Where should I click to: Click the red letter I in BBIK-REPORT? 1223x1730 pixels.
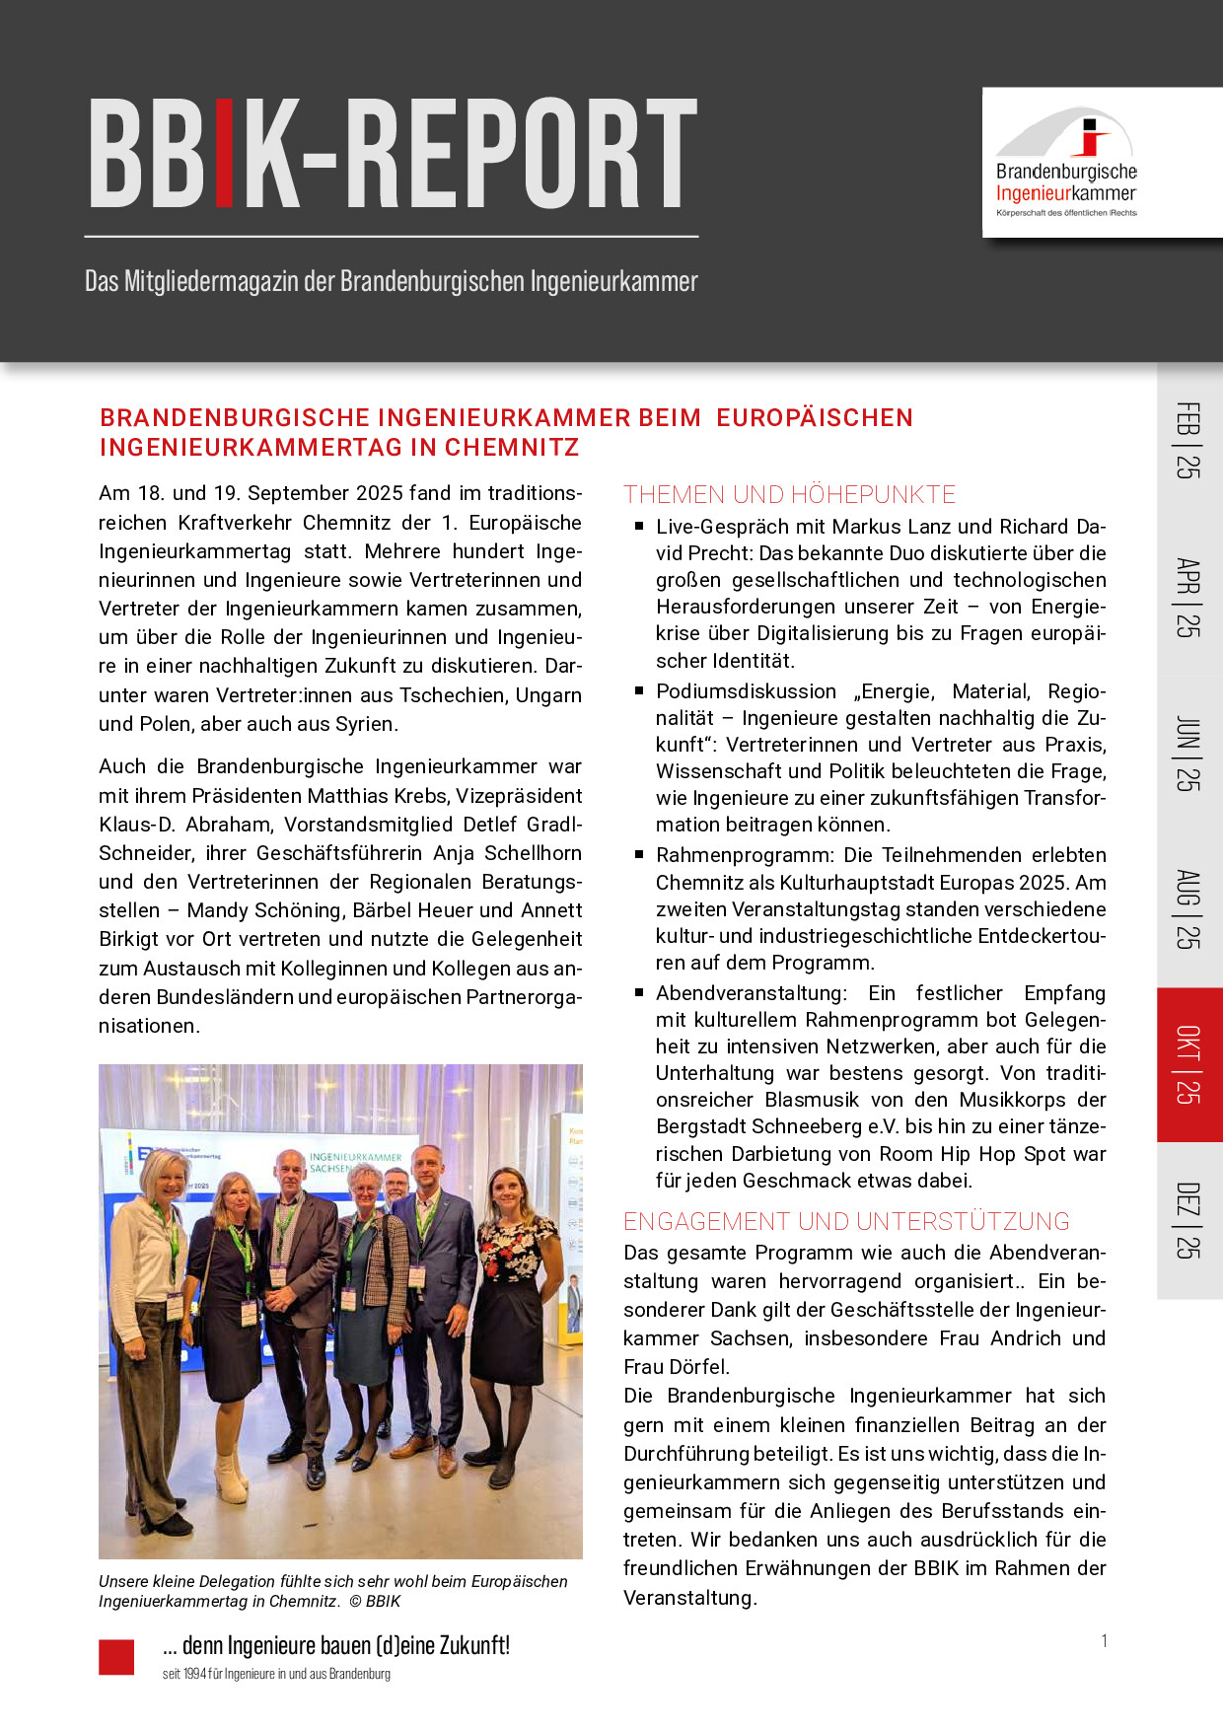224,154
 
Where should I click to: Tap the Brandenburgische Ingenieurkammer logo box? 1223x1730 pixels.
1101,163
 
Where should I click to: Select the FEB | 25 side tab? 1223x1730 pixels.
1188,440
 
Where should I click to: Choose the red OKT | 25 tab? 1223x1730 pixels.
1188,1064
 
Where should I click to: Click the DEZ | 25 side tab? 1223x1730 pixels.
1188,1220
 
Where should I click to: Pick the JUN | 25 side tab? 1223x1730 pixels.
1188,753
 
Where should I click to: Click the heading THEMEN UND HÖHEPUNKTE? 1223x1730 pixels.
789,494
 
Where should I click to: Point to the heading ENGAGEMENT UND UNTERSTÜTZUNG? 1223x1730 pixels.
845,1221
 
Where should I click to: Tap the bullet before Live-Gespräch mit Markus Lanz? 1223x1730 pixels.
639,527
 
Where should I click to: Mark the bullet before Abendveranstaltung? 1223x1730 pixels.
639,993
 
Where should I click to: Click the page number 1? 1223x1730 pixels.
1104,1640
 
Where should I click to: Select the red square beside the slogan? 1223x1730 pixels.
116,1657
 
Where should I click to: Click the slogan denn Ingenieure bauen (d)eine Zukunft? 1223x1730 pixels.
335,1645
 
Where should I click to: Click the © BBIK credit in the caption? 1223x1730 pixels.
375,1601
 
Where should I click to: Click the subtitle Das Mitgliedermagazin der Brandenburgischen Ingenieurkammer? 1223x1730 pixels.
391,281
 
